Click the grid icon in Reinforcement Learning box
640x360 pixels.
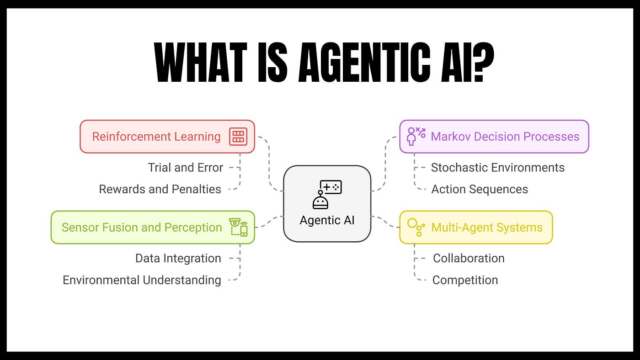[x=238, y=137]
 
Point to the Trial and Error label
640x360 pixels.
[x=185, y=168]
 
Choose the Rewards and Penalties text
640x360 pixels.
[x=160, y=189]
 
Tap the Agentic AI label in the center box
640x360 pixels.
[x=327, y=220]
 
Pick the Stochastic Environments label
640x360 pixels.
[x=497, y=168]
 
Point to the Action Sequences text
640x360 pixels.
[x=480, y=189]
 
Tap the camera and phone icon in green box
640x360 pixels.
[x=238, y=227]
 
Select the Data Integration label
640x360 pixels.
[x=178, y=258]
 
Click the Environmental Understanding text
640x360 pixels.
[x=142, y=280]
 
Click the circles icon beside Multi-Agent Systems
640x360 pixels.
[x=416, y=227]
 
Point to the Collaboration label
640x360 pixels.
[x=469, y=258]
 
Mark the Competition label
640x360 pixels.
[x=465, y=280]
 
